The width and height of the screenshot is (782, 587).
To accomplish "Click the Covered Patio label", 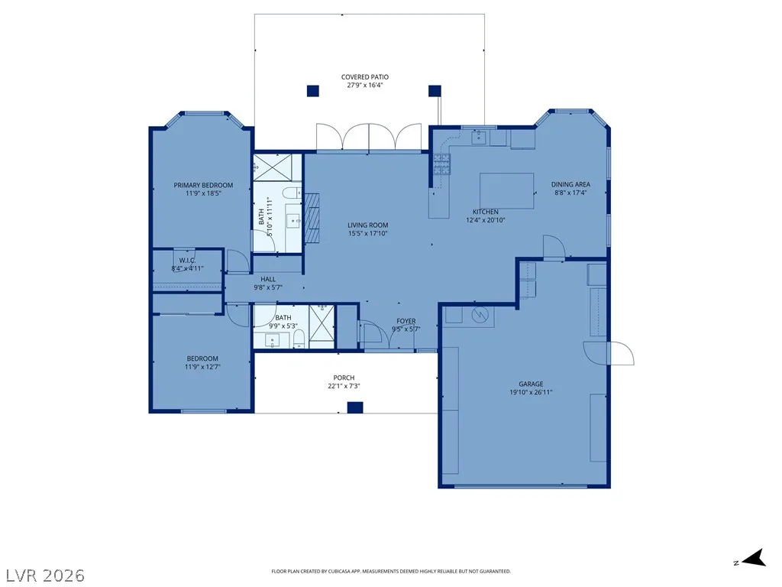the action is pos(364,77).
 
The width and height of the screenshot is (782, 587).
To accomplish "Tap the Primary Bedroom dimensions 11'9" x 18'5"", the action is pos(203,193).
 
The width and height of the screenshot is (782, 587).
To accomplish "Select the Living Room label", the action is pos(367,225).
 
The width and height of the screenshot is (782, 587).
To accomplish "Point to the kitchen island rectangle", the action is pos(507,190).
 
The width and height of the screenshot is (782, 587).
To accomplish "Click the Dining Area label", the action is pos(570,184).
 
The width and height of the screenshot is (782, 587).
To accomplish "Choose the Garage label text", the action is pos(531,384).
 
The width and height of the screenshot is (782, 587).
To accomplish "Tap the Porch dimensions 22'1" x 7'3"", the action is pos(344,386).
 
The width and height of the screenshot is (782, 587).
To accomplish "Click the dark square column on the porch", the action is pos(354,407).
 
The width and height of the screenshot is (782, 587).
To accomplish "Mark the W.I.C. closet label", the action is pos(188,261).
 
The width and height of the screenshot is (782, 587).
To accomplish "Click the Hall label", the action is pos(268,280).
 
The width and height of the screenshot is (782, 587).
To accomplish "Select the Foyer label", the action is pos(406,321).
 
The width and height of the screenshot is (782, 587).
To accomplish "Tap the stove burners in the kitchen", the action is pos(441,164).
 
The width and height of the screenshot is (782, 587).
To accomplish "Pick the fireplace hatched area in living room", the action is pos(312,218).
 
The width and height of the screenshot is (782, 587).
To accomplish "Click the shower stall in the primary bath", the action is pos(272,167).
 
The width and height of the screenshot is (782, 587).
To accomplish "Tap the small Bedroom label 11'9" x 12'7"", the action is pos(202,362).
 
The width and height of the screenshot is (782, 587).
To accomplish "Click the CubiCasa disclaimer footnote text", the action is pos(391,572).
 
